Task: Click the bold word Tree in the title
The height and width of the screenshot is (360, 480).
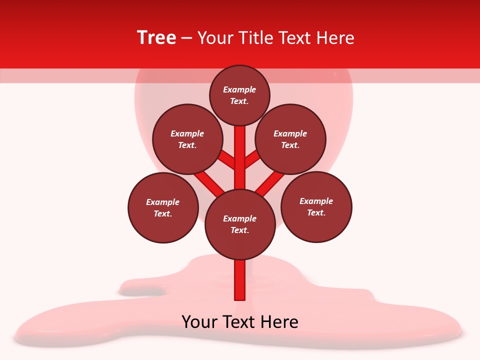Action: coord(156,37)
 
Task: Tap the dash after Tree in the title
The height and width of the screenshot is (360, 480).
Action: coord(187,38)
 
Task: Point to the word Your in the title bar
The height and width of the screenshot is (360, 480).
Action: coord(216,37)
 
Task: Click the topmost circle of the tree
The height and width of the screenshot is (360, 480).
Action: coord(239,95)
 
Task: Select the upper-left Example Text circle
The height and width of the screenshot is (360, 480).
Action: coord(187,139)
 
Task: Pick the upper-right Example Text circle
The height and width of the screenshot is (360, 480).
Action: coord(290,139)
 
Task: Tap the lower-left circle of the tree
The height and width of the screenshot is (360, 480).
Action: coord(163,207)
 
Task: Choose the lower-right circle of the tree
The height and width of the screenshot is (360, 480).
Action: coord(316,206)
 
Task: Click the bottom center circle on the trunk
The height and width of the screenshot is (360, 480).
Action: coord(240,224)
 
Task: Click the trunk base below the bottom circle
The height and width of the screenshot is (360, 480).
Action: coord(240,280)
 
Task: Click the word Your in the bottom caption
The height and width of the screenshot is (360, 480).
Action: coord(199,322)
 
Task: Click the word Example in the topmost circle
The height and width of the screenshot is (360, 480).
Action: coord(239,89)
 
